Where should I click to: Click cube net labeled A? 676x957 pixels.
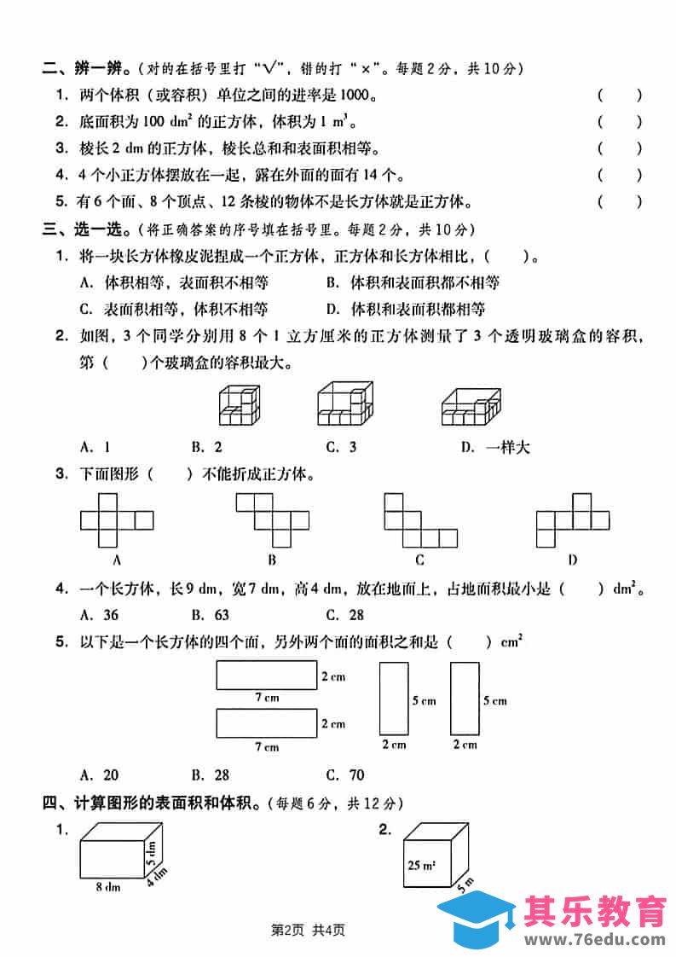(x=116, y=520)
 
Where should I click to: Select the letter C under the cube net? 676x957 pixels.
(x=419, y=560)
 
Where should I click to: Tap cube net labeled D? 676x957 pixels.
(x=572, y=520)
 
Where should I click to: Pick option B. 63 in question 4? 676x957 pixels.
(x=208, y=613)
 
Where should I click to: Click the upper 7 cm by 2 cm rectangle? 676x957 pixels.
(x=267, y=676)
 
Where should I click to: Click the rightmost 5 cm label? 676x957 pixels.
(x=494, y=701)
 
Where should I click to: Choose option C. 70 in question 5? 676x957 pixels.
(x=345, y=774)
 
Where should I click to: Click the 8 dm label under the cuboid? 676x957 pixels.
(x=107, y=887)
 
